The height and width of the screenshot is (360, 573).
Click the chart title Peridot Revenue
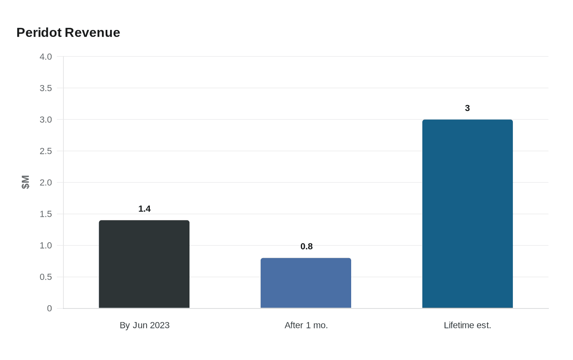tap(68, 32)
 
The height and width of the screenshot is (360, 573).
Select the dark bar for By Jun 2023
tap(144, 264)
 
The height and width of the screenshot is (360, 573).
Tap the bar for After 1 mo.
tap(306, 283)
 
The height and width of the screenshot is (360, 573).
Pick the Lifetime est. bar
tap(467, 214)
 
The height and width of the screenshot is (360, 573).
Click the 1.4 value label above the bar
tap(144, 209)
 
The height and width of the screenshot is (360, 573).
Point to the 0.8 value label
tap(307, 246)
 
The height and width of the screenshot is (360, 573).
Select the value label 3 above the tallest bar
tap(467, 108)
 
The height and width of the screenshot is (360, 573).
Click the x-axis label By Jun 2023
tap(144, 325)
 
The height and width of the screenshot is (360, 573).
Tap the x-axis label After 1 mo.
tap(306, 325)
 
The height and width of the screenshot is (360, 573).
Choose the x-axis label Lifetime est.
tap(467, 325)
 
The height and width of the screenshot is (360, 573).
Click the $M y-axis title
tap(25, 182)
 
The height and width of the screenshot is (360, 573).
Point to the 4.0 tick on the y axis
tap(46, 56)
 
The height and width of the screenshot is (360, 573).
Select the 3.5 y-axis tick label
tap(46, 88)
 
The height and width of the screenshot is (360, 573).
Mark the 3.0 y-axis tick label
tap(46, 119)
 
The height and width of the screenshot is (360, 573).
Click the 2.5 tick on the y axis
tap(46, 151)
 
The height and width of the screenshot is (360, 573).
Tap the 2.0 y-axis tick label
tap(46, 182)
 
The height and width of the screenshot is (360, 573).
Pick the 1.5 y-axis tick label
tap(46, 214)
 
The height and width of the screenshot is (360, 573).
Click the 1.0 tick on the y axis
tap(46, 245)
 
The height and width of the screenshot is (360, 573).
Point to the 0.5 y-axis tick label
tap(46, 277)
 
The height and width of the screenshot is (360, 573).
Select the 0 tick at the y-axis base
tap(50, 308)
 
